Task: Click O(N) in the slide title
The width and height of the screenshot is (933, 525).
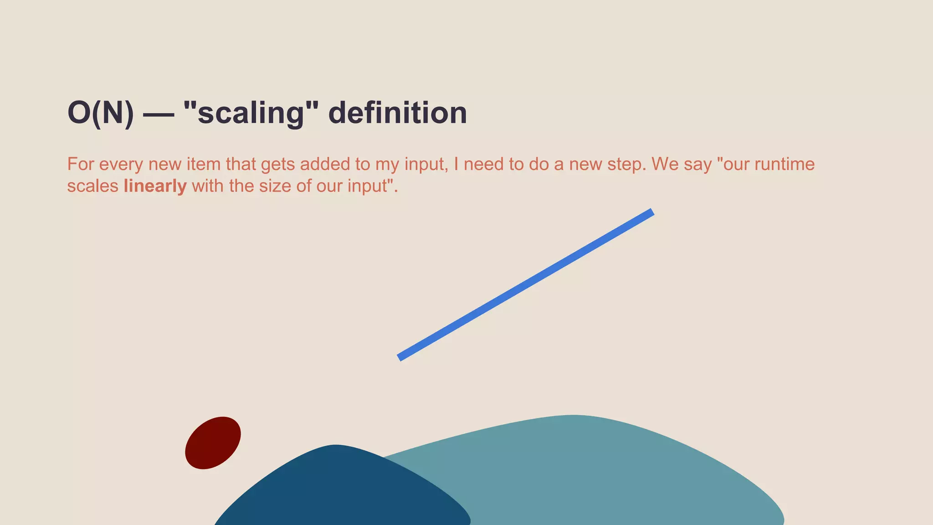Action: pos(101,113)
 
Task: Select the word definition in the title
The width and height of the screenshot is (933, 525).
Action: pos(397,113)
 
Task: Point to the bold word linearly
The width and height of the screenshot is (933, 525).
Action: pos(155,186)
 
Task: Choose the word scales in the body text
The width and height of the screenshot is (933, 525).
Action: pos(92,186)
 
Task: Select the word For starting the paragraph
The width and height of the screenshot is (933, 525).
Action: pos(80,164)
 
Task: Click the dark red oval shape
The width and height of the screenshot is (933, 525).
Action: pos(213,443)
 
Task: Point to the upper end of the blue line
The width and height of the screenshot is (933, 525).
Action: pos(651,213)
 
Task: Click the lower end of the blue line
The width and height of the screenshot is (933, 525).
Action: pos(400,357)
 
